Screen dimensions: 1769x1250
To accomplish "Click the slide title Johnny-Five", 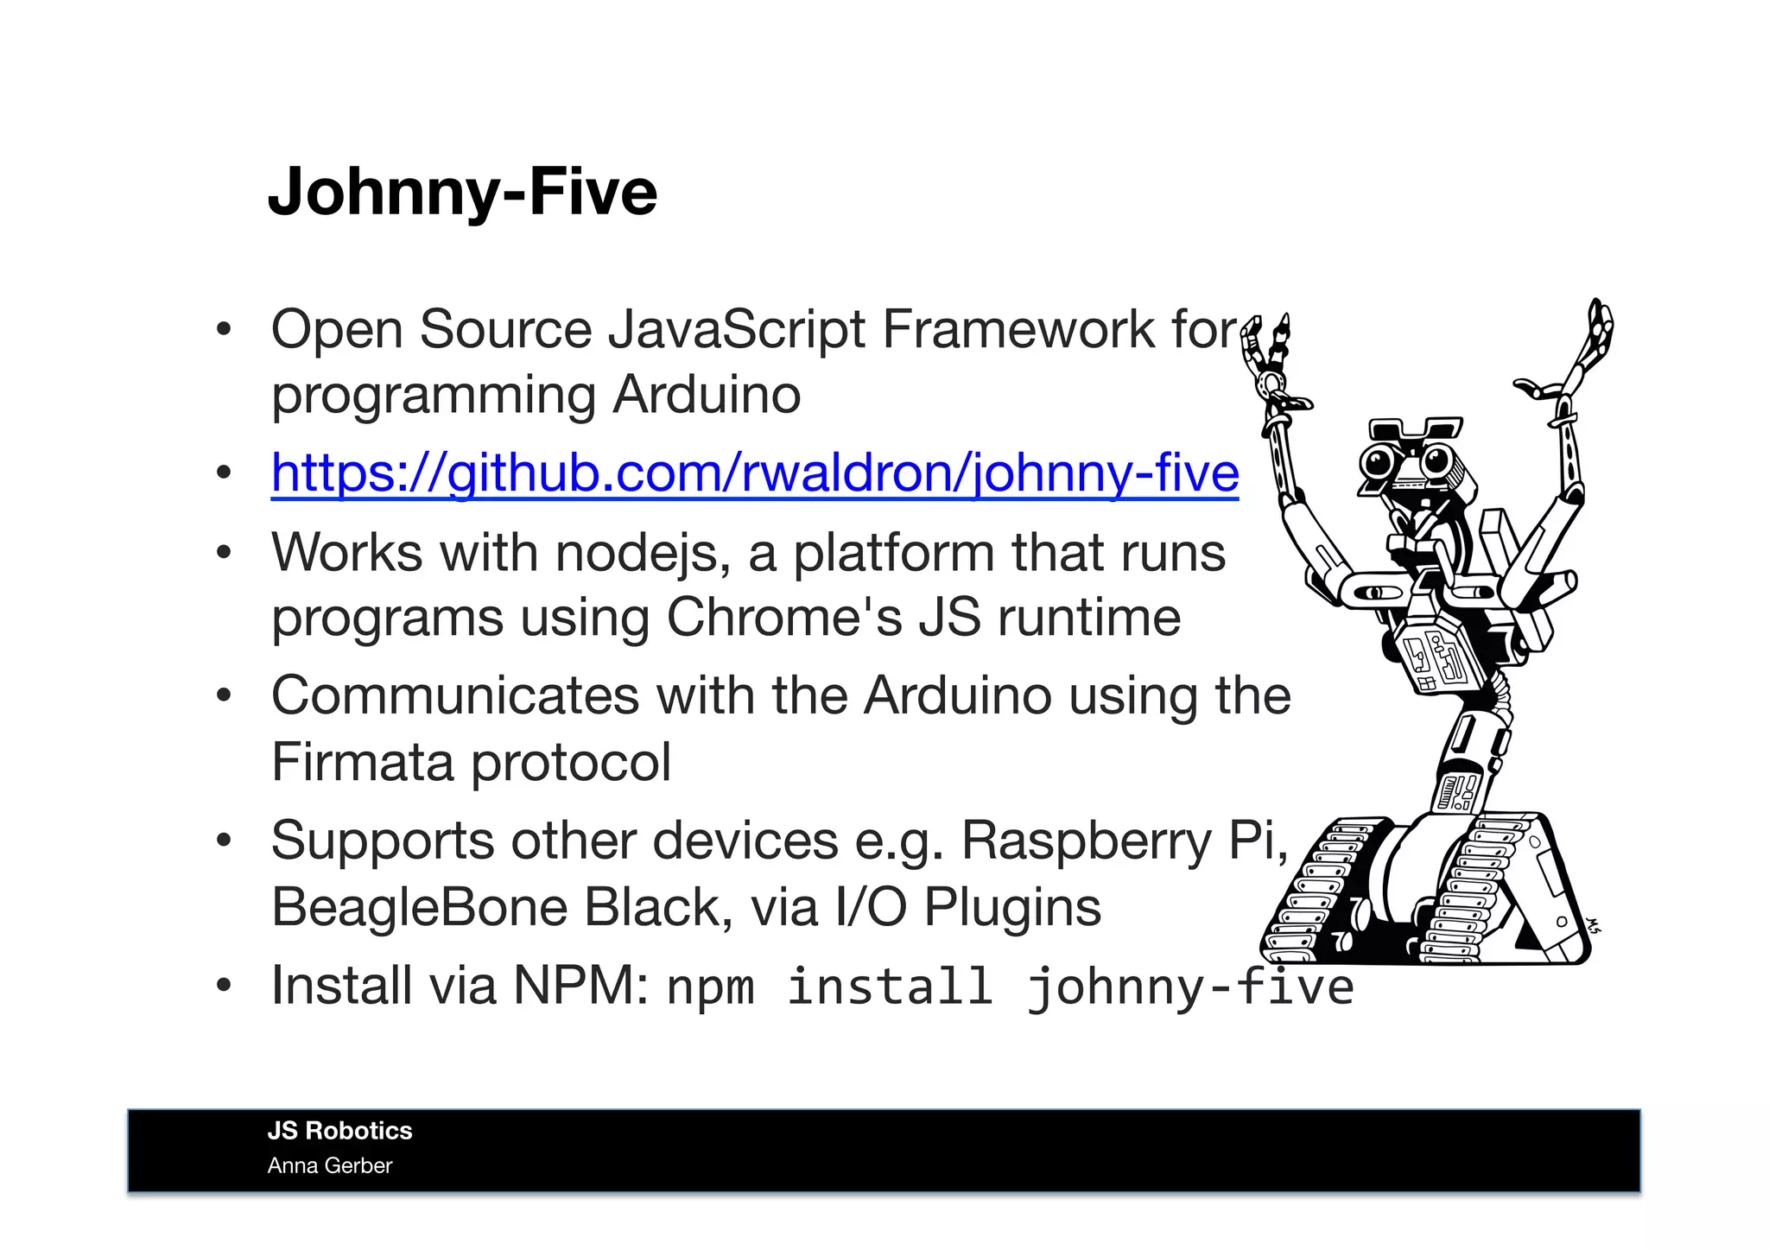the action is point(462,191).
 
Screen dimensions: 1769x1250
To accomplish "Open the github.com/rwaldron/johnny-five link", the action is point(755,473).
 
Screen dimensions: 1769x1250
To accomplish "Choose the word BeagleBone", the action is point(418,907).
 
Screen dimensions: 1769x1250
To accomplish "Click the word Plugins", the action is point(1012,907).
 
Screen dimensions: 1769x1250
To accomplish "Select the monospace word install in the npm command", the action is point(889,987).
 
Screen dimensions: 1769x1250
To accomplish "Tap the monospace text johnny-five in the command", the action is point(1189,987).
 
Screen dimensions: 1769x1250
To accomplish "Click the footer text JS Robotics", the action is point(339,1131).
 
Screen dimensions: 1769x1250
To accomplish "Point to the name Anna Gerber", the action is point(329,1165).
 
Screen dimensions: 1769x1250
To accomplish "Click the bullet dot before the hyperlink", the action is point(224,473).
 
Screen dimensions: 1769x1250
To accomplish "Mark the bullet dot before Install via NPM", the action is point(224,986).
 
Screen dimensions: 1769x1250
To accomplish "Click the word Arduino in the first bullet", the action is point(707,395).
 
